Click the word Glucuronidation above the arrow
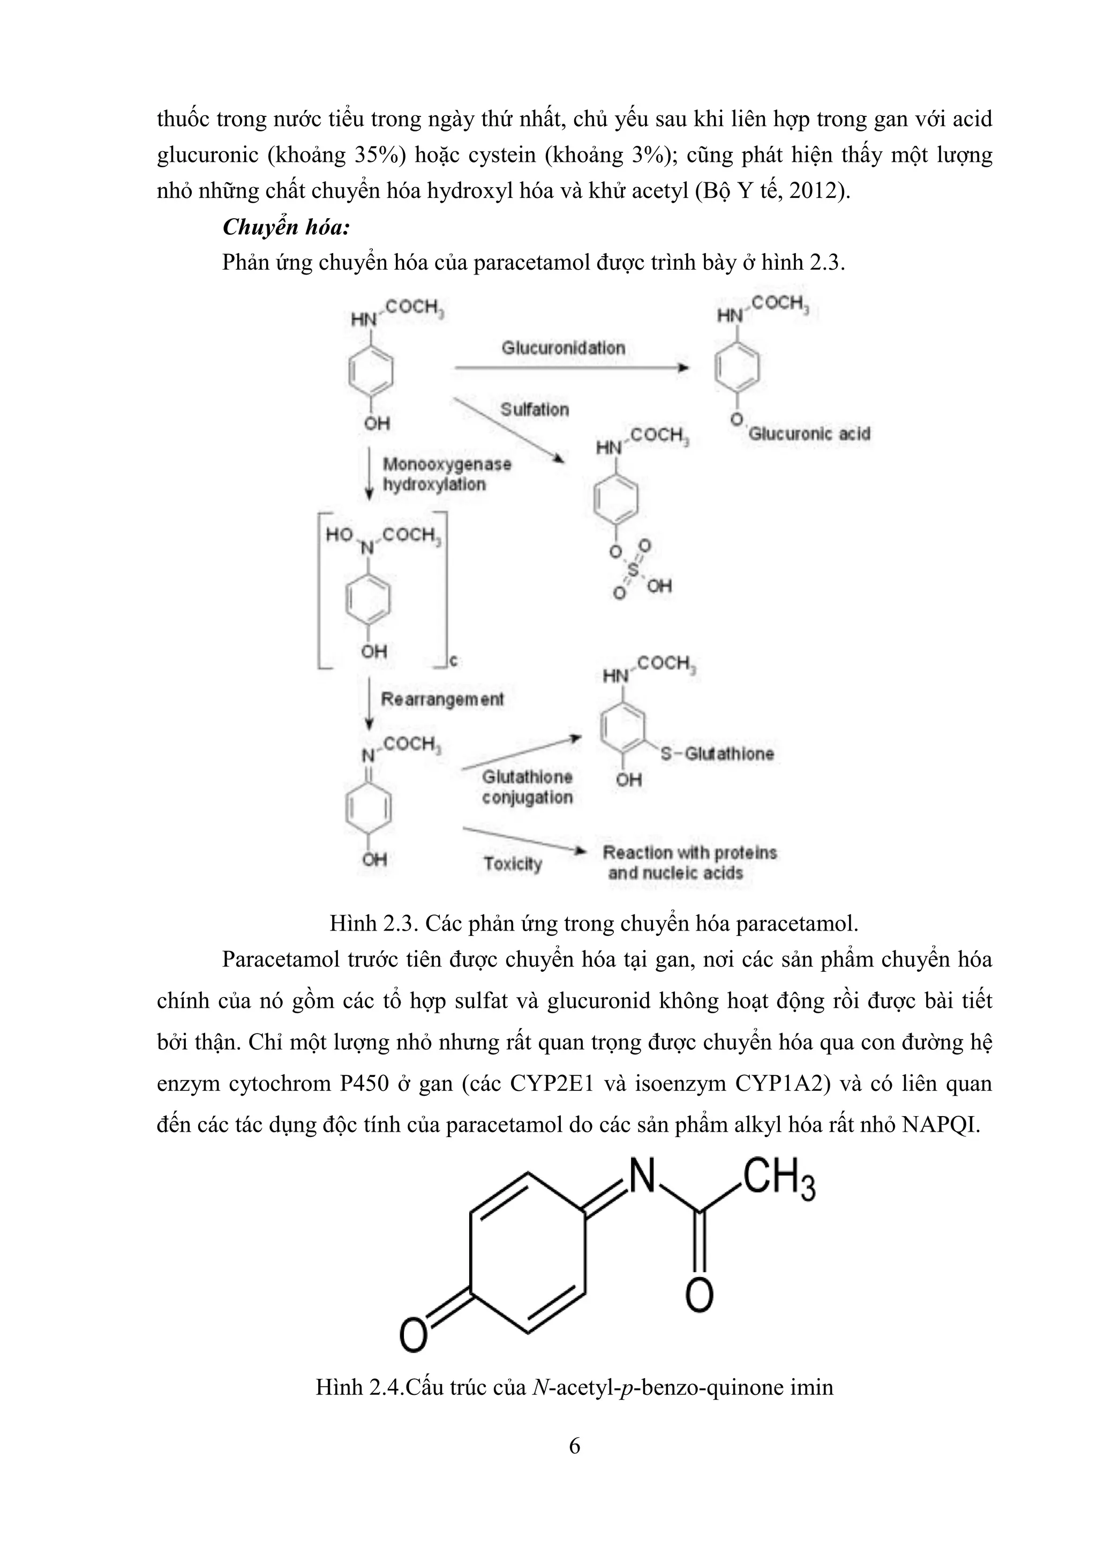563,348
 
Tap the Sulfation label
535,410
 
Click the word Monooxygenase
447,465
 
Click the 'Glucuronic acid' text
809,434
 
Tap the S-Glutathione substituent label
717,754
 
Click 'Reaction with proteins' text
689,852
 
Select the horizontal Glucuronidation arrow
571,368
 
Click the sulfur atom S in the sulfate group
633,570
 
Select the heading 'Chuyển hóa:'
286,227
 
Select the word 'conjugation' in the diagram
527,798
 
